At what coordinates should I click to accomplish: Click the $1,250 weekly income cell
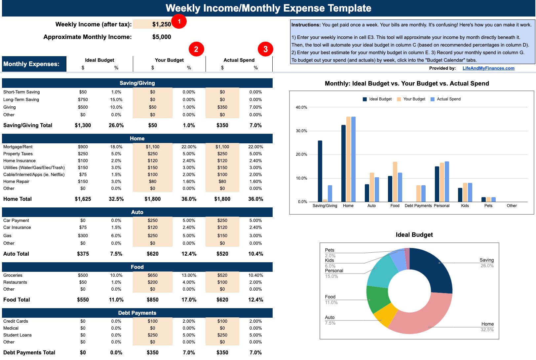[153, 24]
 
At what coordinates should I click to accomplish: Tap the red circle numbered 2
[196, 49]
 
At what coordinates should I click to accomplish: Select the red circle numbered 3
[265, 49]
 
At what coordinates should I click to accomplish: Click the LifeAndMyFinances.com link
[488, 68]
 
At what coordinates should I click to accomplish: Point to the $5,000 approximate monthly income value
[162, 37]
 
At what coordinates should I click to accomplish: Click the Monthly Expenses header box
[34, 64]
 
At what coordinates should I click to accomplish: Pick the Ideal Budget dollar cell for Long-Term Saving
[83, 100]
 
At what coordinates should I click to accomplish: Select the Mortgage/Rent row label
[18, 147]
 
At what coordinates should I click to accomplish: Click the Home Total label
[18, 199]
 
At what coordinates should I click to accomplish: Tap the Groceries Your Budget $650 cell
[152, 275]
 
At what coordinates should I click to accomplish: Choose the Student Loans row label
[18, 335]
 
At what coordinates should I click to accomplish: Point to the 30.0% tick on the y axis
[301, 131]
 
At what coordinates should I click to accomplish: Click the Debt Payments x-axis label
[418, 206]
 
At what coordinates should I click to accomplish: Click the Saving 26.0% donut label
[486, 263]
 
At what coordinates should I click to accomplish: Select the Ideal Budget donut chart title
[414, 235]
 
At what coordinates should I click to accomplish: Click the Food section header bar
[137, 267]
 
